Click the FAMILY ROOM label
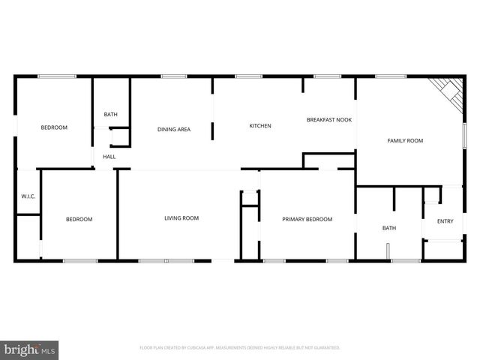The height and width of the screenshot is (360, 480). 405,141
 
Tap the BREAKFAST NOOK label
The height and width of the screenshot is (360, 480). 329,120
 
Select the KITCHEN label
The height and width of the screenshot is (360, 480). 260,126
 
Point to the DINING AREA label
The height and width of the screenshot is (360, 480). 173,130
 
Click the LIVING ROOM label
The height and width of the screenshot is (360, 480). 181,218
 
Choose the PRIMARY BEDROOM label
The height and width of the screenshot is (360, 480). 307,219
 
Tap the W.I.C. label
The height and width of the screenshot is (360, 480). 28,196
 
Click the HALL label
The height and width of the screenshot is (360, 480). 109,157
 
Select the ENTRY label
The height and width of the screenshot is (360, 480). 445,221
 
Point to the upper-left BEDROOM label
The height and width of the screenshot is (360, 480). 54,127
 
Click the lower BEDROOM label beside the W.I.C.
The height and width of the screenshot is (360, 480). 79,219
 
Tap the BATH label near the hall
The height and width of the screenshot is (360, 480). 111,115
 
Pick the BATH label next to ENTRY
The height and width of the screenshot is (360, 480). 389,228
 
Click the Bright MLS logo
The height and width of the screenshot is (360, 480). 30,349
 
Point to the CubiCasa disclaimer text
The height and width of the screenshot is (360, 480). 240,348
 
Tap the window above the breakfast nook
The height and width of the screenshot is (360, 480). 328,76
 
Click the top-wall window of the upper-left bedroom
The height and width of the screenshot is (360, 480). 56,76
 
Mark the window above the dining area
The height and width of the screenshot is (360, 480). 173,76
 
